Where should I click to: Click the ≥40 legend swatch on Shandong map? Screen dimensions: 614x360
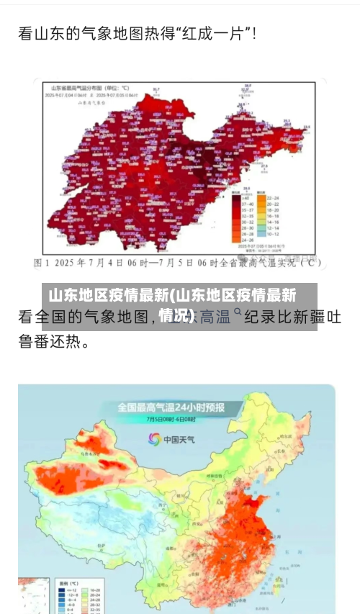pyautogui.click(x=238, y=197)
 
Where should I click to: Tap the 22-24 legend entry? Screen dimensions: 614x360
pyautogui.click(x=273, y=197)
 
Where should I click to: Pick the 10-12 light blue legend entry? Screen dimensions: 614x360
pyautogui.click(x=273, y=234)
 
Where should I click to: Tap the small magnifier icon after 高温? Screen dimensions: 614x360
pyautogui.click(x=238, y=313)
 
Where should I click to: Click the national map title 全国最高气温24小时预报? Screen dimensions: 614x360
pyautogui.click(x=171, y=407)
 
